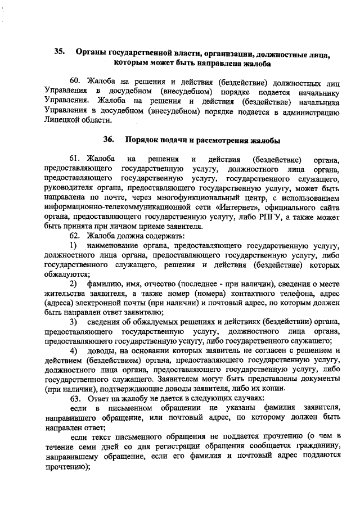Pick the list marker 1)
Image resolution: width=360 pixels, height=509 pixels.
(x=73, y=246)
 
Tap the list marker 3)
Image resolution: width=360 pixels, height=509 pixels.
(x=73, y=322)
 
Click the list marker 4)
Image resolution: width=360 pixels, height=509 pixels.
(x=73, y=350)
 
